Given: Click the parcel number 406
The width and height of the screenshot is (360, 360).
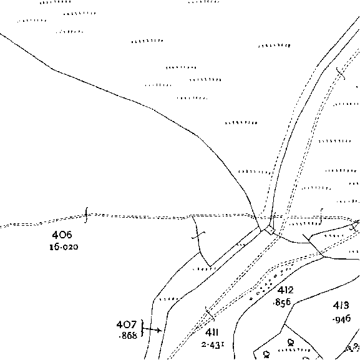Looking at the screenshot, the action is pos(62,235).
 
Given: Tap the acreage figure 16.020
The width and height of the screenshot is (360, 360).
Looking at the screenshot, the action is pos(64,247).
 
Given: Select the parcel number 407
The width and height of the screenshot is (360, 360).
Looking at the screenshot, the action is pos(126,324).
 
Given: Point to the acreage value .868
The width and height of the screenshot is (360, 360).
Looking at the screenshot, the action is pos(128,336).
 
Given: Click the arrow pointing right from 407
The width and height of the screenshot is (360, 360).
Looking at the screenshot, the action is pos(152,330).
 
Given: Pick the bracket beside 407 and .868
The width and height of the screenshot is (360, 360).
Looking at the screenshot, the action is pos(142,329).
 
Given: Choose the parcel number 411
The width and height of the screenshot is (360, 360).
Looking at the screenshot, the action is pos(212,332).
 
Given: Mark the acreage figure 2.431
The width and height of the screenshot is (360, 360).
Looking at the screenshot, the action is pos(213,344).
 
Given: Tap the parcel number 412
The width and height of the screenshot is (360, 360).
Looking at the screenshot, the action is pos(285,290).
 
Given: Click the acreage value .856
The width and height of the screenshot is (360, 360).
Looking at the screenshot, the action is pos(282,302).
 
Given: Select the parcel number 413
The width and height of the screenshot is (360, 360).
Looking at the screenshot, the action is pos(341,305).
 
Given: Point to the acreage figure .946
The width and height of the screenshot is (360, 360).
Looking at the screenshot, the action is pos(341,319).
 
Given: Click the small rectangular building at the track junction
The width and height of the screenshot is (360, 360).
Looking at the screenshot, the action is pos(270,230).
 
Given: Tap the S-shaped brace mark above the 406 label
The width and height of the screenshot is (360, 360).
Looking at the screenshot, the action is pos(86,215).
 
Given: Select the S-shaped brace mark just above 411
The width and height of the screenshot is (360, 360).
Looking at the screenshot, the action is pos(210,313).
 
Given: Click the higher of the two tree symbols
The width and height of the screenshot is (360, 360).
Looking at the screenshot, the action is pos(291,343).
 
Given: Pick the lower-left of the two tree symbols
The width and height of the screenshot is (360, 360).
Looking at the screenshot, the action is pos(266,354).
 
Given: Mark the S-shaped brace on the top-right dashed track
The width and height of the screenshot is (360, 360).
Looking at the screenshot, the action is pos(341,74).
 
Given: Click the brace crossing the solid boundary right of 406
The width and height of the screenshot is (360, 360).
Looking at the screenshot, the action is pos(198,235).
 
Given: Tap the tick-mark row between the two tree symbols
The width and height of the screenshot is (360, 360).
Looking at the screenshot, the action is pos(294,351).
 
